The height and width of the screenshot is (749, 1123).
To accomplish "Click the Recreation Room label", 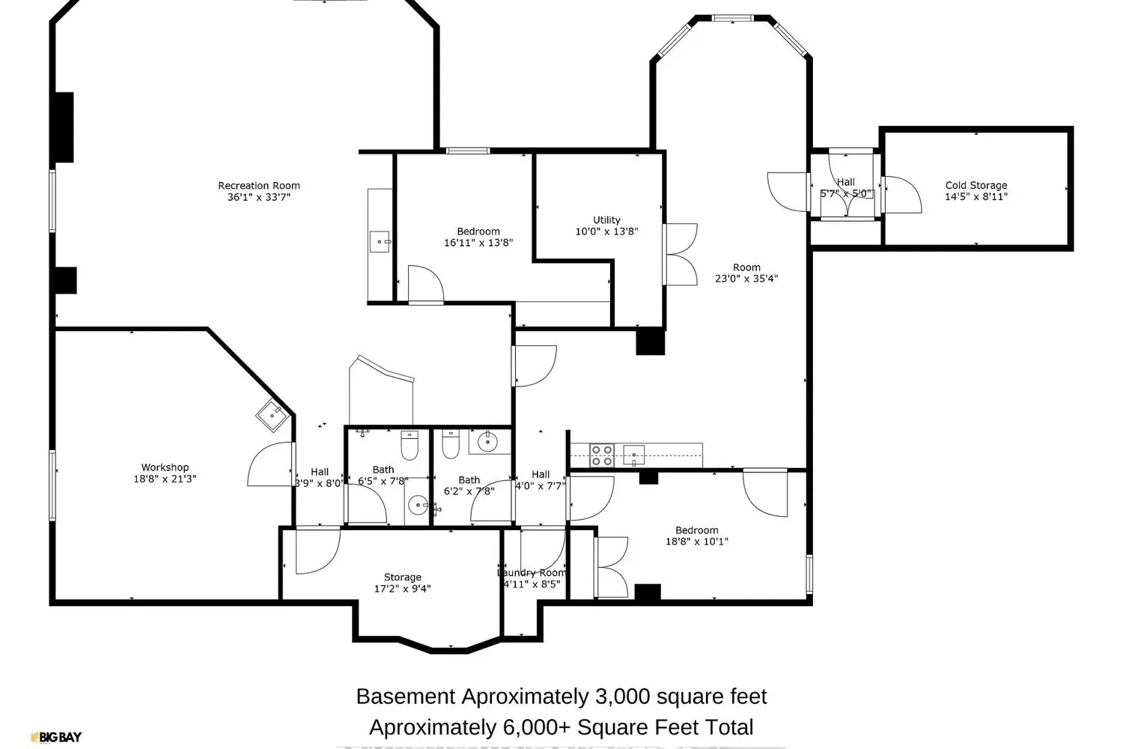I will [x=259, y=186].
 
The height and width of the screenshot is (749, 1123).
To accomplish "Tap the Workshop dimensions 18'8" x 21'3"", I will [x=165, y=479].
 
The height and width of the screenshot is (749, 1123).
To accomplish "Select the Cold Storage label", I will [x=976, y=185].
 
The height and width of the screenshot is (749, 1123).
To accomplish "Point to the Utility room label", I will [x=606, y=220].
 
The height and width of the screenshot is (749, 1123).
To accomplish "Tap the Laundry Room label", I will [x=532, y=573].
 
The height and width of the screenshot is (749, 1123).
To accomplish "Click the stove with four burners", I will [x=603, y=455].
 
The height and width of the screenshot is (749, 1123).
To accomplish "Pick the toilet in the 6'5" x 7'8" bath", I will [x=410, y=446].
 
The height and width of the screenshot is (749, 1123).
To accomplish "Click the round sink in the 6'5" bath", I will [x=418, y=505].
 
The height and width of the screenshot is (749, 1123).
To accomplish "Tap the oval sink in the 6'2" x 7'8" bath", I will [x=488, y=441].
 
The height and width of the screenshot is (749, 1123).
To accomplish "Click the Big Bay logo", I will [x=56, y=737].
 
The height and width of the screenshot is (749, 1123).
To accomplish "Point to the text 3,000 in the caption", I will [x=622, y=697].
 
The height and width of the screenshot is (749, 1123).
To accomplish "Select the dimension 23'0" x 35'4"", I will [x=746, y=279].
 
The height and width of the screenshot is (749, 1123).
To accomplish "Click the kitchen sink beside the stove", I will [x=634, y=454].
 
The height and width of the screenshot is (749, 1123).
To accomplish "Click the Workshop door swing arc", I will [x=262, y=464].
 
